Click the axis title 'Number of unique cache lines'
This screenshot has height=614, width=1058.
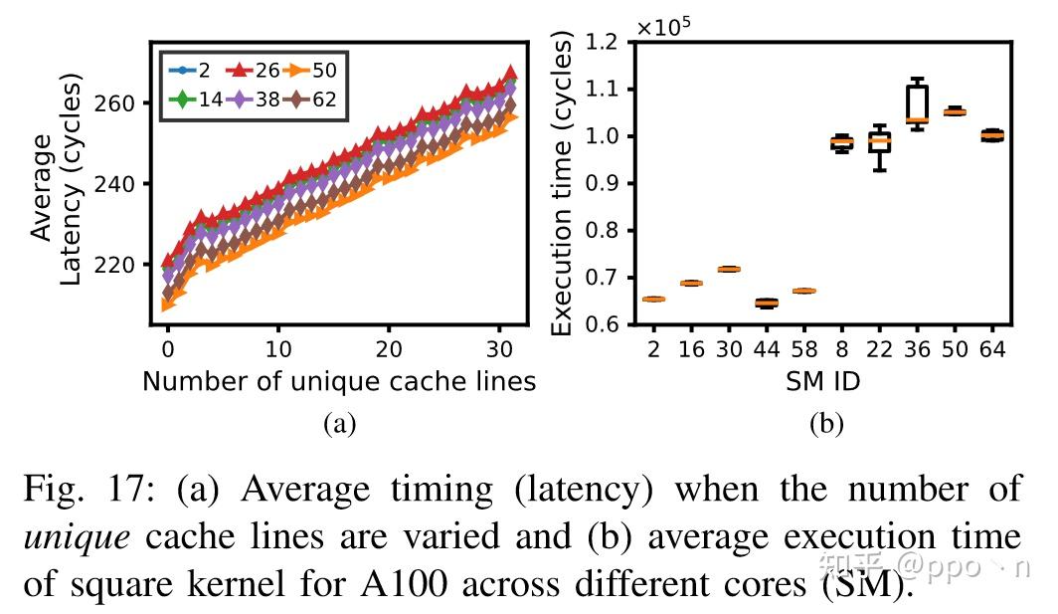click(x=339, y=381)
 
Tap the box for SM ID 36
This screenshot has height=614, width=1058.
click(x=917, y=103)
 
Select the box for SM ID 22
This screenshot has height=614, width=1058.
click(x=879, y=142)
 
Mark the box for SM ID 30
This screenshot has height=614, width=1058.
click(x=729, y=269)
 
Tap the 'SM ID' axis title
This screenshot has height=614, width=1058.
click(x=822, y=381)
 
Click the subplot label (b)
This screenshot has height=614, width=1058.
click(x=825, y=424)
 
